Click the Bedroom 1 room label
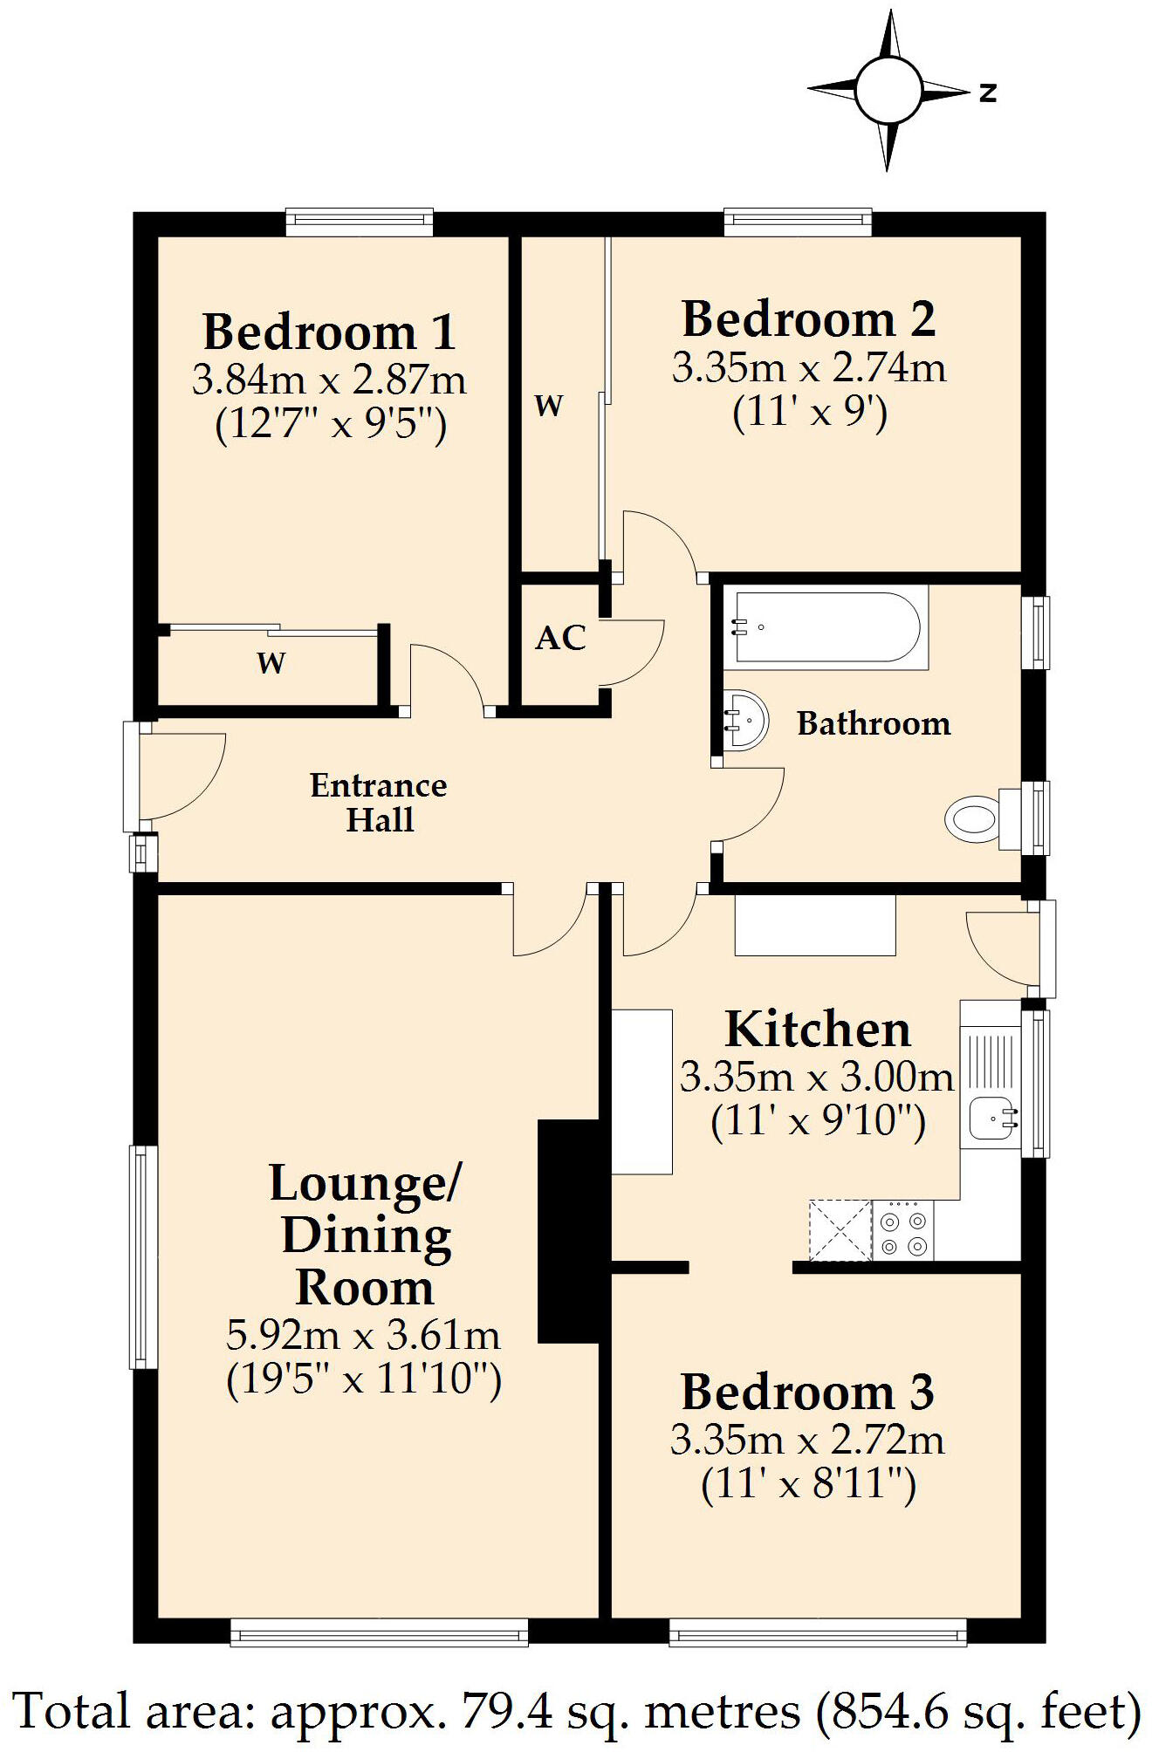tap(329, 332)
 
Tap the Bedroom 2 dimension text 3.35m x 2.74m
tap(808, 367)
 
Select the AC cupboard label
tap(559, 638)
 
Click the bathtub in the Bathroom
tap(825, 627)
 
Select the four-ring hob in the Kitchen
tap(902, 1230)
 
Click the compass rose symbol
tap(888, 91)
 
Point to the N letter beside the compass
tap(987, 92)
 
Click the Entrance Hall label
tap(379, 803)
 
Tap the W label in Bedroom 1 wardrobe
tap(271, 663)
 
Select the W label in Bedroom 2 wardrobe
tap(548, 406)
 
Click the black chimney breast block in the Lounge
tap(568, 1231)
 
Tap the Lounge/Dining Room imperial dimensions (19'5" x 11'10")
tap(363, 1380)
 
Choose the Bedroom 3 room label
tap(807, 1392)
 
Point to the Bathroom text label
tap(874, 723)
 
